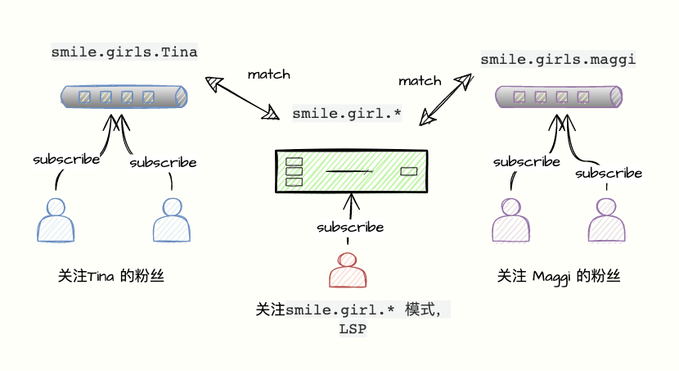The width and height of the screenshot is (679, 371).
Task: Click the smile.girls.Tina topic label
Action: click(x=124, y=52)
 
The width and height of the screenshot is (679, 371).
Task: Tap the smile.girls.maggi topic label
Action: click(x=558, y=60)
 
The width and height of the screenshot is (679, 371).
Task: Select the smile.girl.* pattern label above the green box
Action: click(x=347, y=114)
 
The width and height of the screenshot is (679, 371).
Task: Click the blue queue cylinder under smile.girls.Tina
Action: click(x=124, y=97)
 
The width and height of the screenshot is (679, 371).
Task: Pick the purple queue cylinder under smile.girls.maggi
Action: click(x=559, y=97)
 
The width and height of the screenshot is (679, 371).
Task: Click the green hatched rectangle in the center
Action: click(x=352, y=171)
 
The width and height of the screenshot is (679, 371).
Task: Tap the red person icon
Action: click(x=348, y=270)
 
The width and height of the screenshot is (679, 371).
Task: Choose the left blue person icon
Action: click(x=56, y=219)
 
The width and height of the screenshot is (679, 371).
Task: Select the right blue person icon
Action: click(x=172, y=219)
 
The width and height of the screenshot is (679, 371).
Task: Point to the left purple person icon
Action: click(x=511, y=219)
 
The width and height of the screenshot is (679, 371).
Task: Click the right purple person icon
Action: click(x=607, y=219)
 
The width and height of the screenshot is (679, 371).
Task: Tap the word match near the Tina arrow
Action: click(x=269, y=75)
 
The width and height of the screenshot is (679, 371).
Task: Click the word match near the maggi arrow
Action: click(x=420, y=81)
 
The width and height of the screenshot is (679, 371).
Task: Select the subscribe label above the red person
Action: click(x=350, y=227)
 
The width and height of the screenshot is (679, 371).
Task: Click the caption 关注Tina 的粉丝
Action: click(x=111, y=276)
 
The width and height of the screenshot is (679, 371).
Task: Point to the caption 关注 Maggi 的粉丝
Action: click(x=559, y=277)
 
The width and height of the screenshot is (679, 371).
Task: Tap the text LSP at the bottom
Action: click(x=353, y=329)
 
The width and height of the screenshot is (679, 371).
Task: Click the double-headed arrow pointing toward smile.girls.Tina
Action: click(x=242, y=97)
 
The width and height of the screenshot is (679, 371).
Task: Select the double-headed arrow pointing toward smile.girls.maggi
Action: click(x=447, y=99)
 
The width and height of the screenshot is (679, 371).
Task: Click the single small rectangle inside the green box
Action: click(x=409, y=172)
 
